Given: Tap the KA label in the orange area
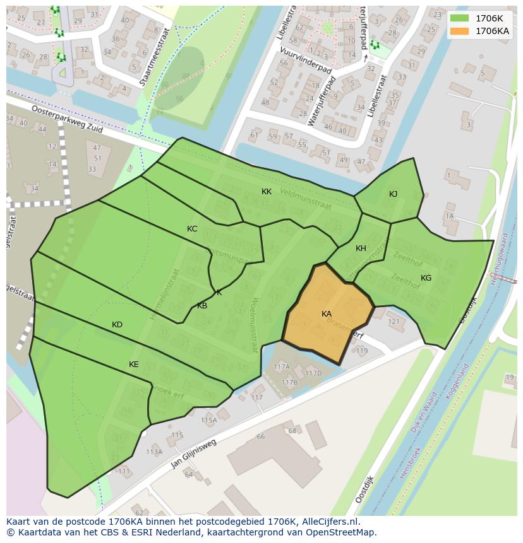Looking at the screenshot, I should pos(327,314).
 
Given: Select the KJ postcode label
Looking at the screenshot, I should pos(393,194).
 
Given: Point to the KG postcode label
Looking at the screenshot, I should pos(426,278).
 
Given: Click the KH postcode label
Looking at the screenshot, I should pos(361,248).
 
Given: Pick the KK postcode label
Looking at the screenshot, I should pos(267,192).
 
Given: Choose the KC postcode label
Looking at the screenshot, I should pos(192,229).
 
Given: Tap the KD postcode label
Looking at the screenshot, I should pos(117,325).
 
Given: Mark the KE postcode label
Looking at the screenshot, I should pos(134,365).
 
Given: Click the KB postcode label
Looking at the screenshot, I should pos(202,306).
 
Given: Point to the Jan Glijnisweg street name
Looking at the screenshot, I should pos(193,454).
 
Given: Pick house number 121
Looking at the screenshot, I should pos(394,322).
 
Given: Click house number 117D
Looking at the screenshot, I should pos(313,373).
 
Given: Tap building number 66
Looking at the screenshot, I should pos(261,436).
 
